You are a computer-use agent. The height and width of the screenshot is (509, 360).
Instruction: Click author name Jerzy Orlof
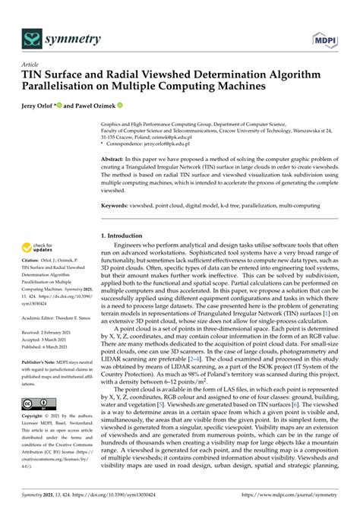(x=46, y=106)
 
